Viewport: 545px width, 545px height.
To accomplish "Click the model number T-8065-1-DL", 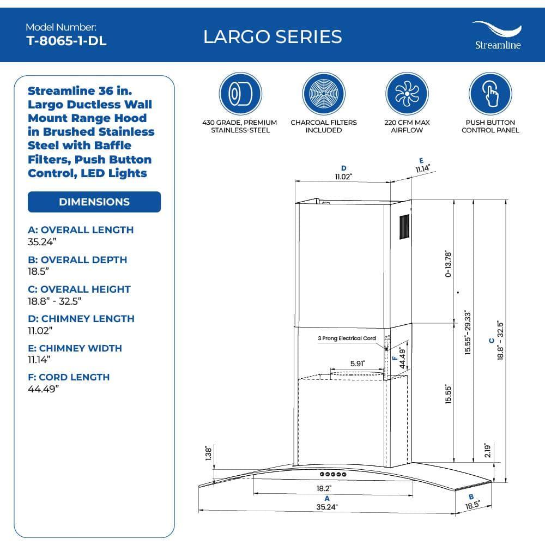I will click(x=66, y=41).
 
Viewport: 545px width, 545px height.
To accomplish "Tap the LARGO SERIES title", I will click(x=272, y=37).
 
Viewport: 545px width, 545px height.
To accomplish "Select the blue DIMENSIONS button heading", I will click(x=94, y=202).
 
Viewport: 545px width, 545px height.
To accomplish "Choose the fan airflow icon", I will click(x=407, y=93).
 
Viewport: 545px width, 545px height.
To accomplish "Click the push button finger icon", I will click(x=491, y=93).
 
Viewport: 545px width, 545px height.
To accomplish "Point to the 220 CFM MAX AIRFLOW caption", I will click(x=407, y=126).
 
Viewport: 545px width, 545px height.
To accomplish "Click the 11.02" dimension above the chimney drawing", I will click(x=343, y=177).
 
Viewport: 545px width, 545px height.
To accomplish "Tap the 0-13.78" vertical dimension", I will click(x=449, y=264).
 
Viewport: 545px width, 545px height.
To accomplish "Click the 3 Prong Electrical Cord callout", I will click(x=347, y=338).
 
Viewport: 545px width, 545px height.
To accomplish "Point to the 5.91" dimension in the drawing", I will click(x=358, y=363).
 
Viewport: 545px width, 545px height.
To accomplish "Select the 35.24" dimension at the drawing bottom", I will click(x=327, y=507).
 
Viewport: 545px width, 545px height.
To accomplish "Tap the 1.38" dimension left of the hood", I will click(x=208, y=453).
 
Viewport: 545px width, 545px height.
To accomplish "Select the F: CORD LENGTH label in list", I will click(x=69, y=377).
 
